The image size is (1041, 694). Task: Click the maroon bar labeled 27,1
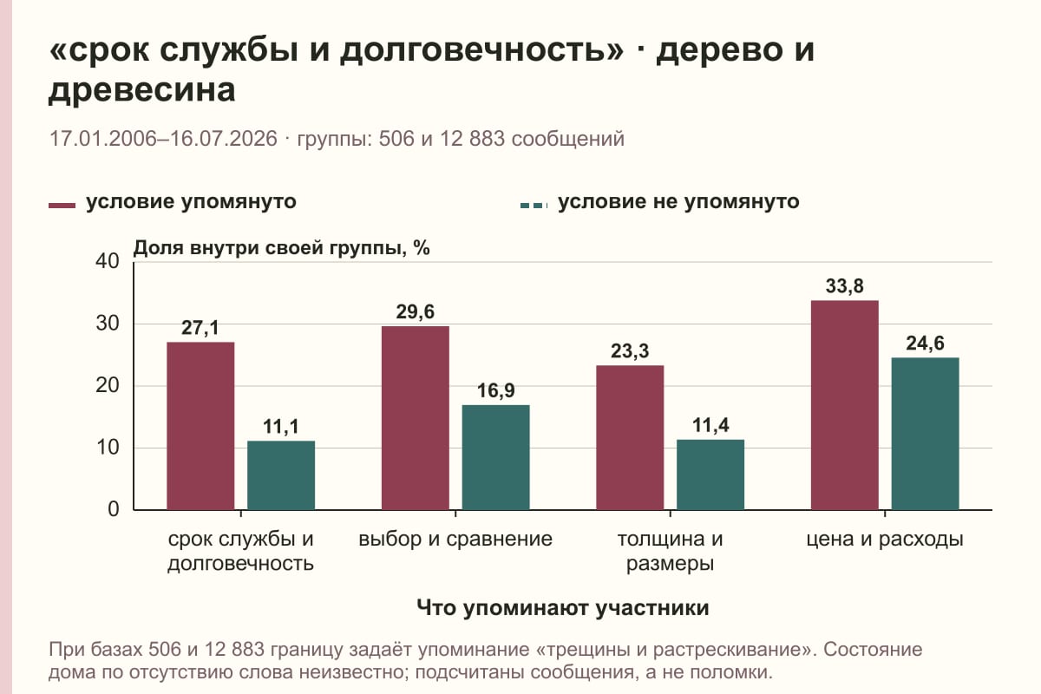pyautogui.click(x=200, y=426)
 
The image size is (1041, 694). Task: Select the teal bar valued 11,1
pyautogui.click(x=281, y=475)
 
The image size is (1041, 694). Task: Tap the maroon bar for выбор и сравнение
pyautogui.click(x=416, y=418)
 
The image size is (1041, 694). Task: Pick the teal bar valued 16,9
pyautogui.click(x=495, y=458)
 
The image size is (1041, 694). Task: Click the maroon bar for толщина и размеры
pyautogui.click(x=630, y=438)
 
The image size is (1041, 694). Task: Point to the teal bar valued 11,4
pyautogui.click(x=710, y=475)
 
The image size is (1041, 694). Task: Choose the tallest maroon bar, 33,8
pyautogui.click(x=844, y=405)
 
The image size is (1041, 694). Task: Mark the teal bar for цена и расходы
pyautogui.click(x=925, y=434)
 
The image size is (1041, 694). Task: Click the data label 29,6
pyautogui.click(x=415, y=312)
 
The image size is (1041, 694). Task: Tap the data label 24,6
pyautogui.click(x=925, y=344)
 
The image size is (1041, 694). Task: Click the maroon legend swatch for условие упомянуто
pyautogui.click(x=62, y=206)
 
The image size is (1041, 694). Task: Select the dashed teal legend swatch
pyautogui.click(x=534, y=206)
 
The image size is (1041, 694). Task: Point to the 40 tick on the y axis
pyautogui.click(x=108, y=262)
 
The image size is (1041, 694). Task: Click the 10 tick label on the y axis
pyautogui.click(x=108, y=448)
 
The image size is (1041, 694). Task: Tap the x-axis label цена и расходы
pyautogui.click(x=884, y=540)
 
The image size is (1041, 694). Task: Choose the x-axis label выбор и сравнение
pyautogui.click(x=455, y=540)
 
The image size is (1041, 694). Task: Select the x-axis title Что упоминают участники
pyautogui.click(x=562, y=608)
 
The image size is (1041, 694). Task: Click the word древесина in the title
pyautogui.click(x=141, y=89)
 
